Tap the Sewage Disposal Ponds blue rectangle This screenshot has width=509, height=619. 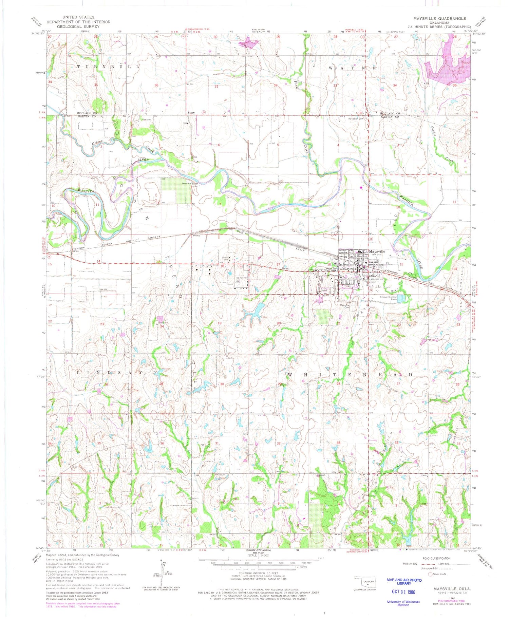[x=401, y=298]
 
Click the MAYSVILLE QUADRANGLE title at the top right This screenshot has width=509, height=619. [x=439, y=18]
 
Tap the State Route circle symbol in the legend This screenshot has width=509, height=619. [x=430, y=574]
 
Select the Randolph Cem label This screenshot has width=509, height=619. [x=355, y=119]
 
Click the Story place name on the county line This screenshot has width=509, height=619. [x=191, y=113]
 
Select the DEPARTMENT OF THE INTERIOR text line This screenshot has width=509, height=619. [x=78, y=22]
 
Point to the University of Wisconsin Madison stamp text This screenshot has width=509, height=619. [x=403, y=603]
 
